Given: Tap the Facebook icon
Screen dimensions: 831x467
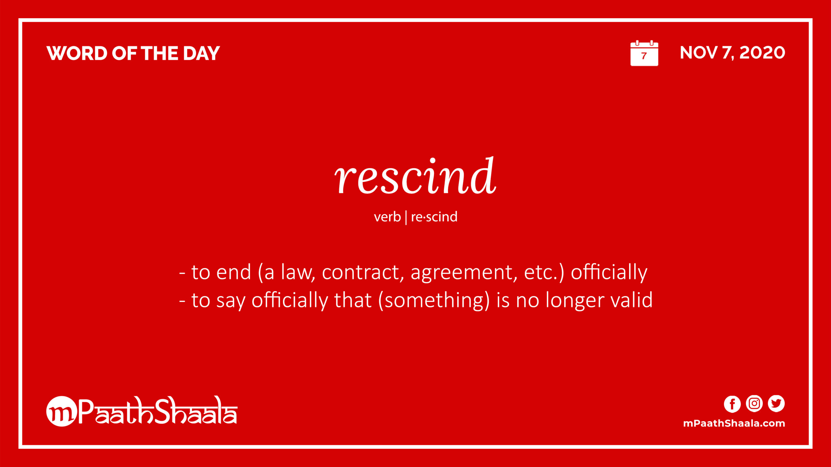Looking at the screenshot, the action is tap(732, 404).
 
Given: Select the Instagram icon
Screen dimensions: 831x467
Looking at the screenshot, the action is tap(754, 404).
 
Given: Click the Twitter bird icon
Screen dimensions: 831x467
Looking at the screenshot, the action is tap(776, 404).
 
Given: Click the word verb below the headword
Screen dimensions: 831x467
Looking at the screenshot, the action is tap(387, 217).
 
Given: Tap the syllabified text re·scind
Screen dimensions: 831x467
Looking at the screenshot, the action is tap(434, 217).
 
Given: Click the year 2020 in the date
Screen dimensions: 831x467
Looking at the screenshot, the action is tap(762, 53).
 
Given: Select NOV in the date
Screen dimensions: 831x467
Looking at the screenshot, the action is tap(699, 53).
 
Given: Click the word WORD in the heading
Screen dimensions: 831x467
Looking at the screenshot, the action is tap(77, 53).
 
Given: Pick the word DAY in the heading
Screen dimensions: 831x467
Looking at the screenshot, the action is tap(201, 53).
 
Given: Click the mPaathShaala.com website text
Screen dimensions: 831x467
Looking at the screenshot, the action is tap(734, 423).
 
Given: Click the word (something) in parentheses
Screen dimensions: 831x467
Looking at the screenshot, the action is tap(434, 301).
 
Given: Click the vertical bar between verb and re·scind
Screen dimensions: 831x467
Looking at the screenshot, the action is tap(406, 217).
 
